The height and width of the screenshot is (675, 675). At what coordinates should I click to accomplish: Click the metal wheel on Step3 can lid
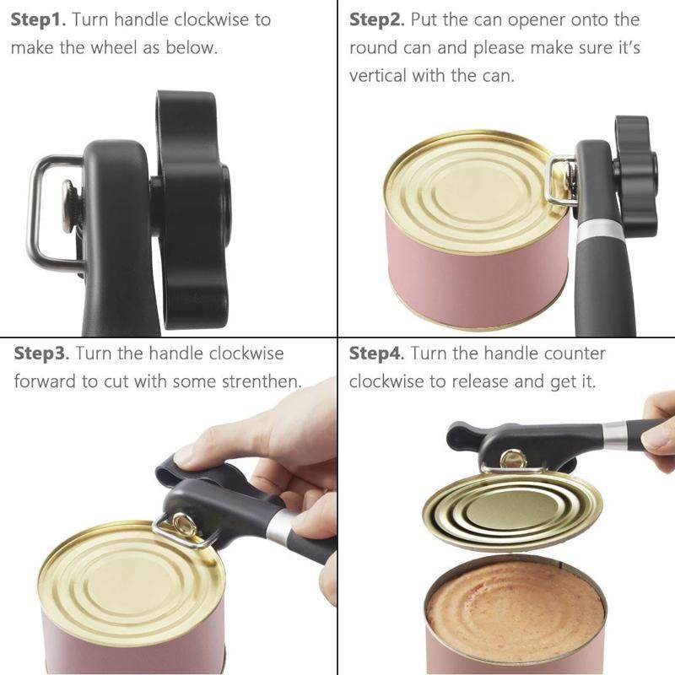pyautogui.click(x=182, y=525)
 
